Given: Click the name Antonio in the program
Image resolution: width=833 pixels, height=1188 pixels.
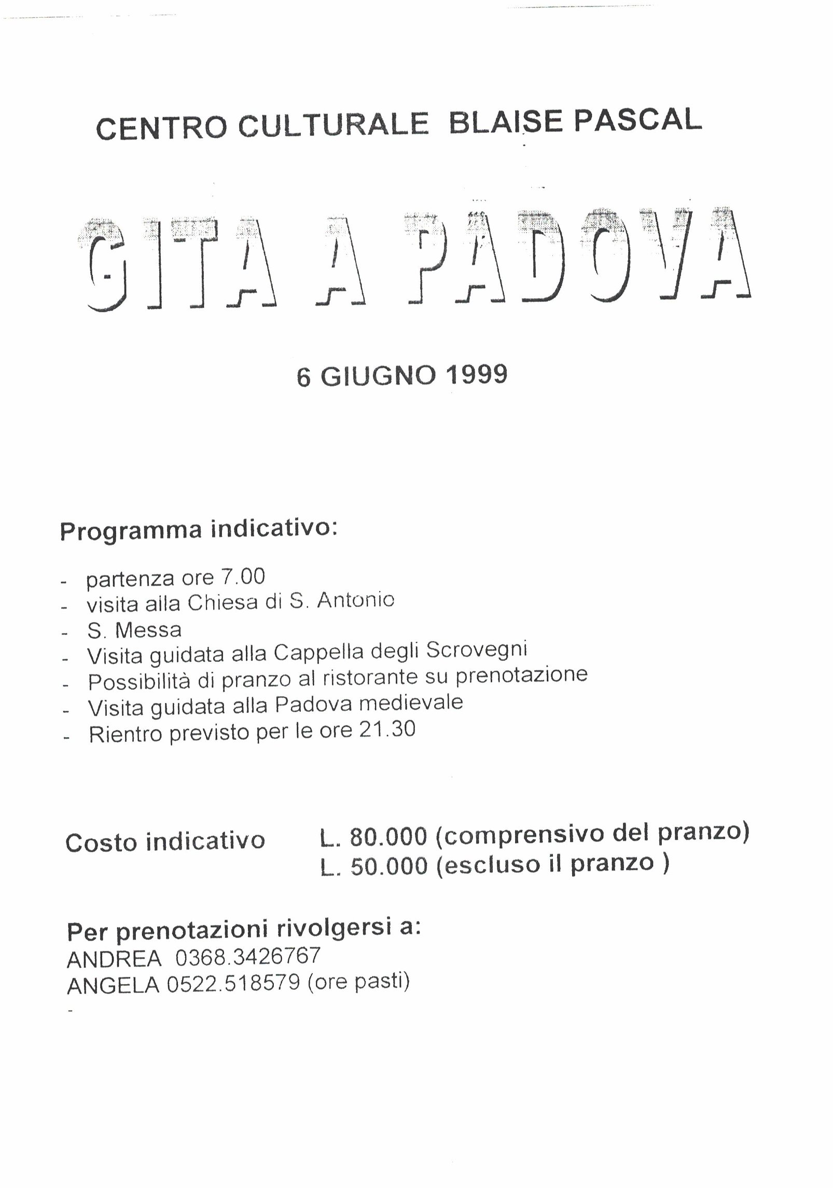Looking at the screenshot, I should pos(355,600).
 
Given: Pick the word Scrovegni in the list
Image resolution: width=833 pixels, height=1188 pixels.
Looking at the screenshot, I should pos(476,650).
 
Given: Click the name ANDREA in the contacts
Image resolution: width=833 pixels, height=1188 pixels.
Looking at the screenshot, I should pos(114,959).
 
